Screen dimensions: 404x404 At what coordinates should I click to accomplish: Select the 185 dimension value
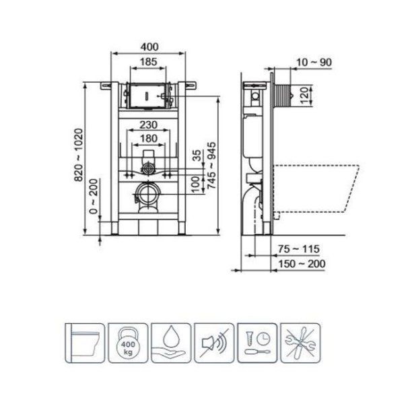pyautogui.click(x=149, y=62)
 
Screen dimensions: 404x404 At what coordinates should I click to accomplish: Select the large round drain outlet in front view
pyautogui.click(x=147, y=197)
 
